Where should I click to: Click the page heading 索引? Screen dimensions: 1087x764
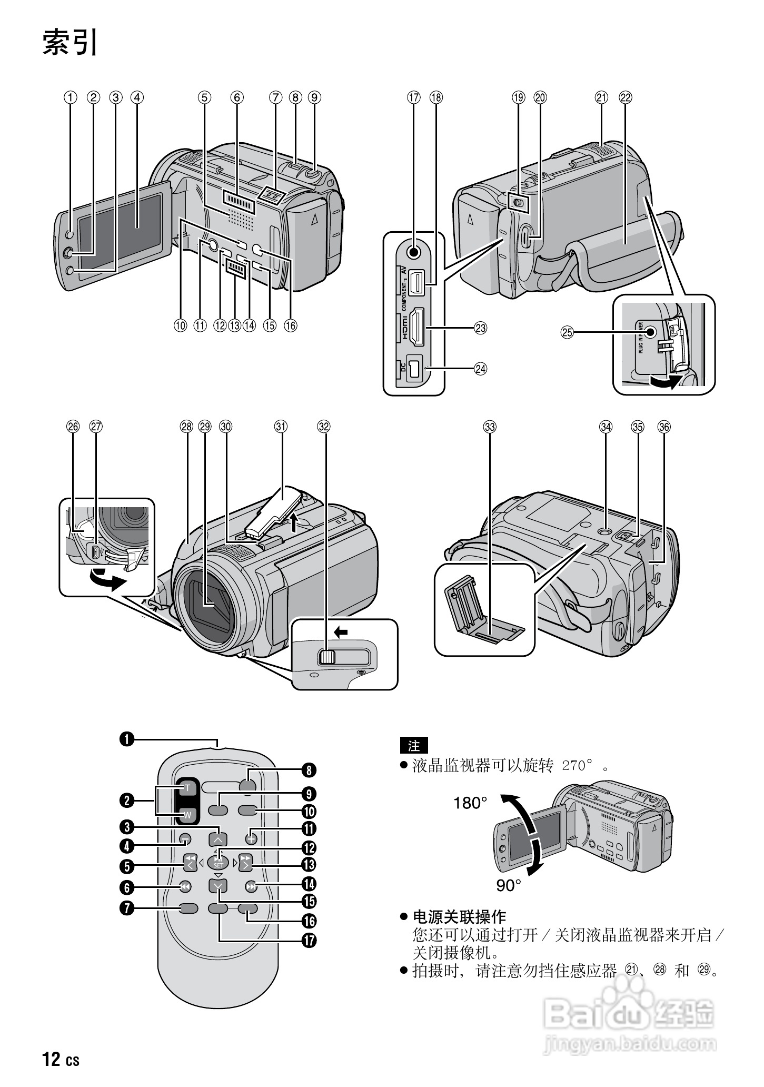[x=70, y=43]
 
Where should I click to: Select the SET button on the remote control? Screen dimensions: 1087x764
[x=219, y=862]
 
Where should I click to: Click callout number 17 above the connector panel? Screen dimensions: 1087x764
[x=414, y=97]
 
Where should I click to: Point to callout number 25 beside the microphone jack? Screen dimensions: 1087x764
[x=567, y=332]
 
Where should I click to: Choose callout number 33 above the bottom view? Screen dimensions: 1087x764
[x=490, y=427]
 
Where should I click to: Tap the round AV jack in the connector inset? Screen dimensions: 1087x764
[x=414, y=252]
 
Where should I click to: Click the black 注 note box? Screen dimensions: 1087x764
[x=414, y=746]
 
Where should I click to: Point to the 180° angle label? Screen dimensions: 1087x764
[x=470, y=803]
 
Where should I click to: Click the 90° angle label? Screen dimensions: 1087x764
[x=509, y=886]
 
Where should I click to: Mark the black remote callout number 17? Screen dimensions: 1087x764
[x=309, y=940]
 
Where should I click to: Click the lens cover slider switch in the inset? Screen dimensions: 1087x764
[x=327, y=657]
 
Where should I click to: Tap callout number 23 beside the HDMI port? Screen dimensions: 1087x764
[x=480, y=328]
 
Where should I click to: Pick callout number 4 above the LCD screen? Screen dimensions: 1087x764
[x=137, y=97]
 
